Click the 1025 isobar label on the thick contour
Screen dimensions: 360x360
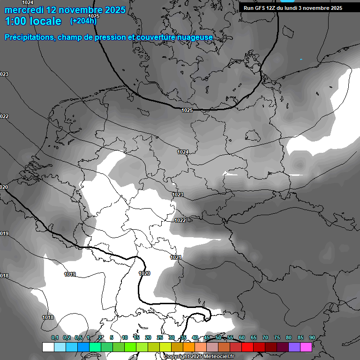tap(187, 110)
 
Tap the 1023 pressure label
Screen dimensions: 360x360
tap(178, 195)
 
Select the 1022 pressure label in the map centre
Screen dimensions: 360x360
tap(180, 220)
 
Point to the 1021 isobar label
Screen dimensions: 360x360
tap(176, 258)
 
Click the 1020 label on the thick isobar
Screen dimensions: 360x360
tap(144, 273)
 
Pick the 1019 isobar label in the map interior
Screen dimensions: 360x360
tap(70, 274)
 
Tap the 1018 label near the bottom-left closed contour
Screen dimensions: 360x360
tap(48, 317)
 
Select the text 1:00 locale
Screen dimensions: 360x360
tap(33, 21)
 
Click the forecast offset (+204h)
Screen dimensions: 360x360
tap(83, 21)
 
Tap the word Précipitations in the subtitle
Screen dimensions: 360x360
tap(30, 37)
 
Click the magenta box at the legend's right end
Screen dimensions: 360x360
tap(306, 347)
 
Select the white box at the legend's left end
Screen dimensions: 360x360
tap(48, 347)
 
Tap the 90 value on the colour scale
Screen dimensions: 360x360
tap(312, 337)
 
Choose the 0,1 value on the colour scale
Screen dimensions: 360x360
tap(55, 337)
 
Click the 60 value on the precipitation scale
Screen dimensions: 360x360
tap(241, 337)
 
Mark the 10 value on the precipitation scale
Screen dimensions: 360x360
tap(125, 337)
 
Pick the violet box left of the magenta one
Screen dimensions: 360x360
tap(294, 347)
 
